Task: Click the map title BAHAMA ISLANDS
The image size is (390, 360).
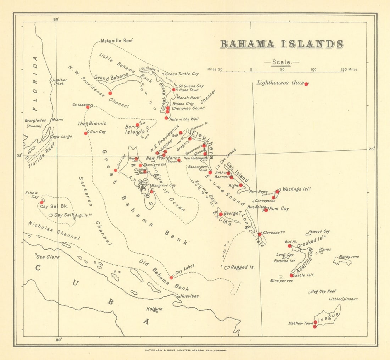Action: [x=282, y=44]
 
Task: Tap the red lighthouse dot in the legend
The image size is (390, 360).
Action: [x=306, y=84]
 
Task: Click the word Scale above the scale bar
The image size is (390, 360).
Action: [x=282, y=62]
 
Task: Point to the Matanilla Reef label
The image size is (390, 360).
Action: [x=117, y=41]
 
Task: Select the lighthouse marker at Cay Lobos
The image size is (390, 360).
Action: [x=171, y=277]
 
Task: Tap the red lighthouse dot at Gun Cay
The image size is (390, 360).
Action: [x=86, y=133]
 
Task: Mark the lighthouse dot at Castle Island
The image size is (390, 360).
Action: [x=291, y=275]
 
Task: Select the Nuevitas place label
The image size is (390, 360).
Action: [x=189, y=296]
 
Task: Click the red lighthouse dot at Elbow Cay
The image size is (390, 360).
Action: [x=41, y=202]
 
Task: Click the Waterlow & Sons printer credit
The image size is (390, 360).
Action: [x=185, y=350]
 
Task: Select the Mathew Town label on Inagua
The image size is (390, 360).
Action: [x=301, y=323]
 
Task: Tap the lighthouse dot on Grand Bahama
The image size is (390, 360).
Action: [x=110, y=93]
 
